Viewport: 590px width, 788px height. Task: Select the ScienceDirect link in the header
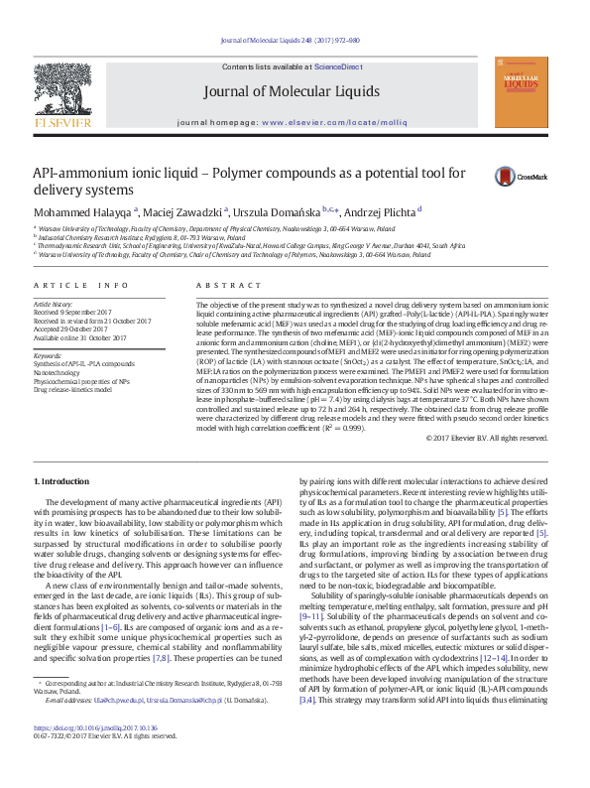338,66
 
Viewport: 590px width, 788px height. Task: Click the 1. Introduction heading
61,481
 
